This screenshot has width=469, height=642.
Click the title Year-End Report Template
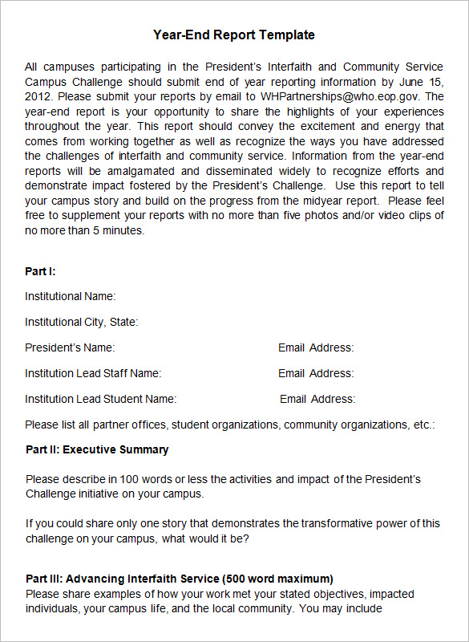coord(234,35)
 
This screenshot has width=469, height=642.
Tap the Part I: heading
coord(40,272)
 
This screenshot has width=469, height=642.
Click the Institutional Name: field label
coord(70,296)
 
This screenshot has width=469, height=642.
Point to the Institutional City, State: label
coord(82,322)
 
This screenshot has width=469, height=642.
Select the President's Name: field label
coord(70,347)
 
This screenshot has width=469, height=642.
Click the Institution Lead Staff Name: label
coord(93,373)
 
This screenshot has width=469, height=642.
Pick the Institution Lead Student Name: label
coord(100,399)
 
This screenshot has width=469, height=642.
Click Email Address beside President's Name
coord(316,347)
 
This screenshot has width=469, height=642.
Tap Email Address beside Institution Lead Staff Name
coord(316,373)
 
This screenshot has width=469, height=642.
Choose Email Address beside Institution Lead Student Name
coord(317,399)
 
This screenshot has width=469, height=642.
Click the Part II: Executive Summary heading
coord(97,449)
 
